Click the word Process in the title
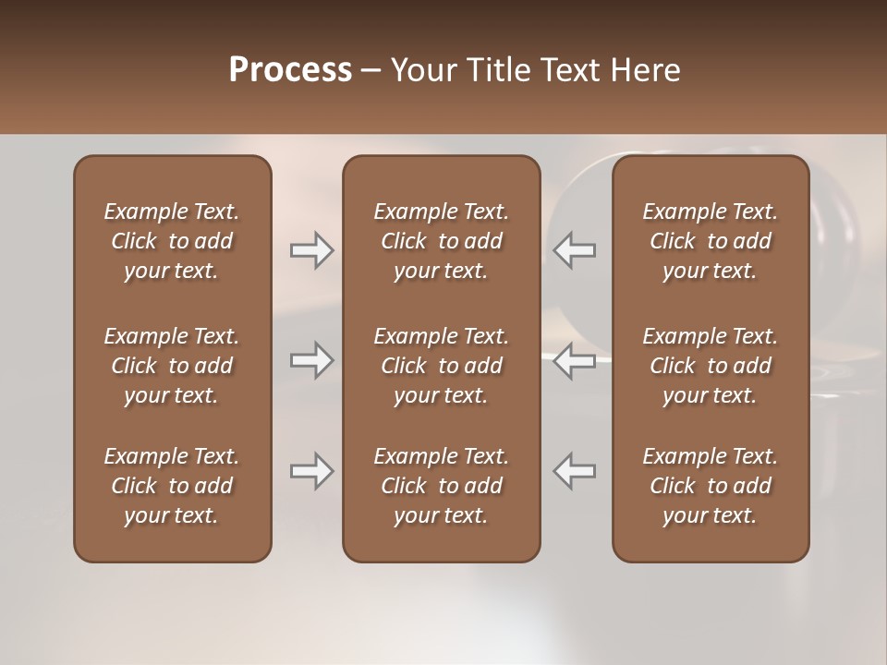point(290,70)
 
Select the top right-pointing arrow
point(312,250)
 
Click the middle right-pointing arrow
point(312,360)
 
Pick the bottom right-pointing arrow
point(312,471)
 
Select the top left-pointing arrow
point(575,250)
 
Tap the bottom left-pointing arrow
point(575,471)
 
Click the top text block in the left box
point(172,241)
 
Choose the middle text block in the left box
point(172,366)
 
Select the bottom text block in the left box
point(172,486)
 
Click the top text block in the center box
point(442,241)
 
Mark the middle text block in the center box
point(442,366)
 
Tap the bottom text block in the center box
point(442,486)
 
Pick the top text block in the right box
point(711,241)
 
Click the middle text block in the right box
point(711,366)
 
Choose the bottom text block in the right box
point(711,486)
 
